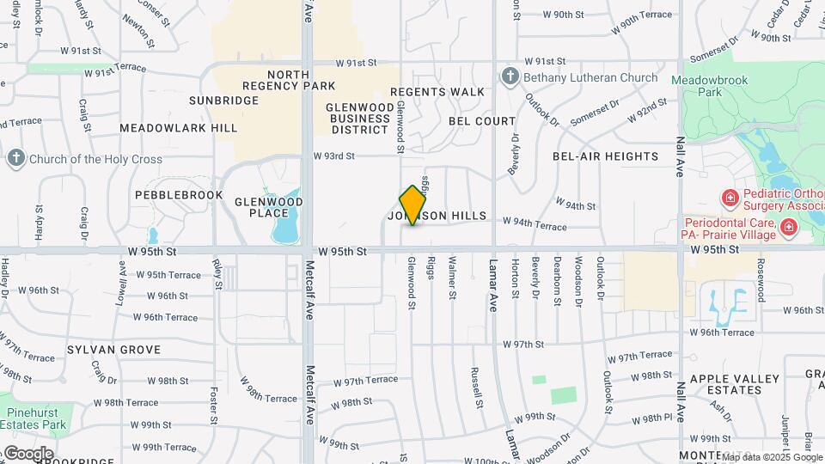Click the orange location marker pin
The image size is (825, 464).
tap(413, 205)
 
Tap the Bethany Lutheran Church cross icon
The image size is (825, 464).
tap(510, 77)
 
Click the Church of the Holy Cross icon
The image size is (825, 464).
tap(16, 158)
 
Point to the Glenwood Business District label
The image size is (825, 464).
tap(358, 118)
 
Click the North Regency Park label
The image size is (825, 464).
tap(289, 80)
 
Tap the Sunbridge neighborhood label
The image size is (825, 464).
tap(223, 101)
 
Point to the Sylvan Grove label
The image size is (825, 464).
tap(114, 350)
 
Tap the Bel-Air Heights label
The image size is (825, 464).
tap(605, 156)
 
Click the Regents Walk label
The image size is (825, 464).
tap(437, 92)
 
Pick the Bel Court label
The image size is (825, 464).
tap(482, 121)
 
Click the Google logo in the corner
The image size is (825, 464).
tap(27, 453)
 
